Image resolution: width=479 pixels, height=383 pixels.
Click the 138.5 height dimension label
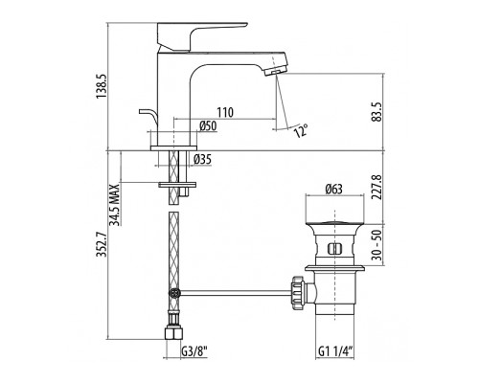click(103, 86)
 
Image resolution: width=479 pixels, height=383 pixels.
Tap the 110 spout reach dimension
click(225, 112)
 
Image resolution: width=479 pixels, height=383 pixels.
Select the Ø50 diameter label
click(208, 126)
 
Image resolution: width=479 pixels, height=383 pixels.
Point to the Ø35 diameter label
click(202, 159)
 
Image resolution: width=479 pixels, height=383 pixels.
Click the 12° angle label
click(301, 130)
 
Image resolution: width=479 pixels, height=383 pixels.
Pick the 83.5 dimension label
click(377, 112)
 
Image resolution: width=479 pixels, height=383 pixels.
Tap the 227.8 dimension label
click(377, 187)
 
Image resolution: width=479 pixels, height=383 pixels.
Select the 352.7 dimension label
click(103, 244)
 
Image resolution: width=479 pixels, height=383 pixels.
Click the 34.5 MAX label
click(115, 205)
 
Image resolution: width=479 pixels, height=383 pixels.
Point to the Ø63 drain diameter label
click(334, 190)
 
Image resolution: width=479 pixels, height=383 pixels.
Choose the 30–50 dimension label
click(377, 245)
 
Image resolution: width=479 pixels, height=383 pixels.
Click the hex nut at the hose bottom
click(173, 333)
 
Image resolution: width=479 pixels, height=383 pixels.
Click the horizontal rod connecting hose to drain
click(235, 293)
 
